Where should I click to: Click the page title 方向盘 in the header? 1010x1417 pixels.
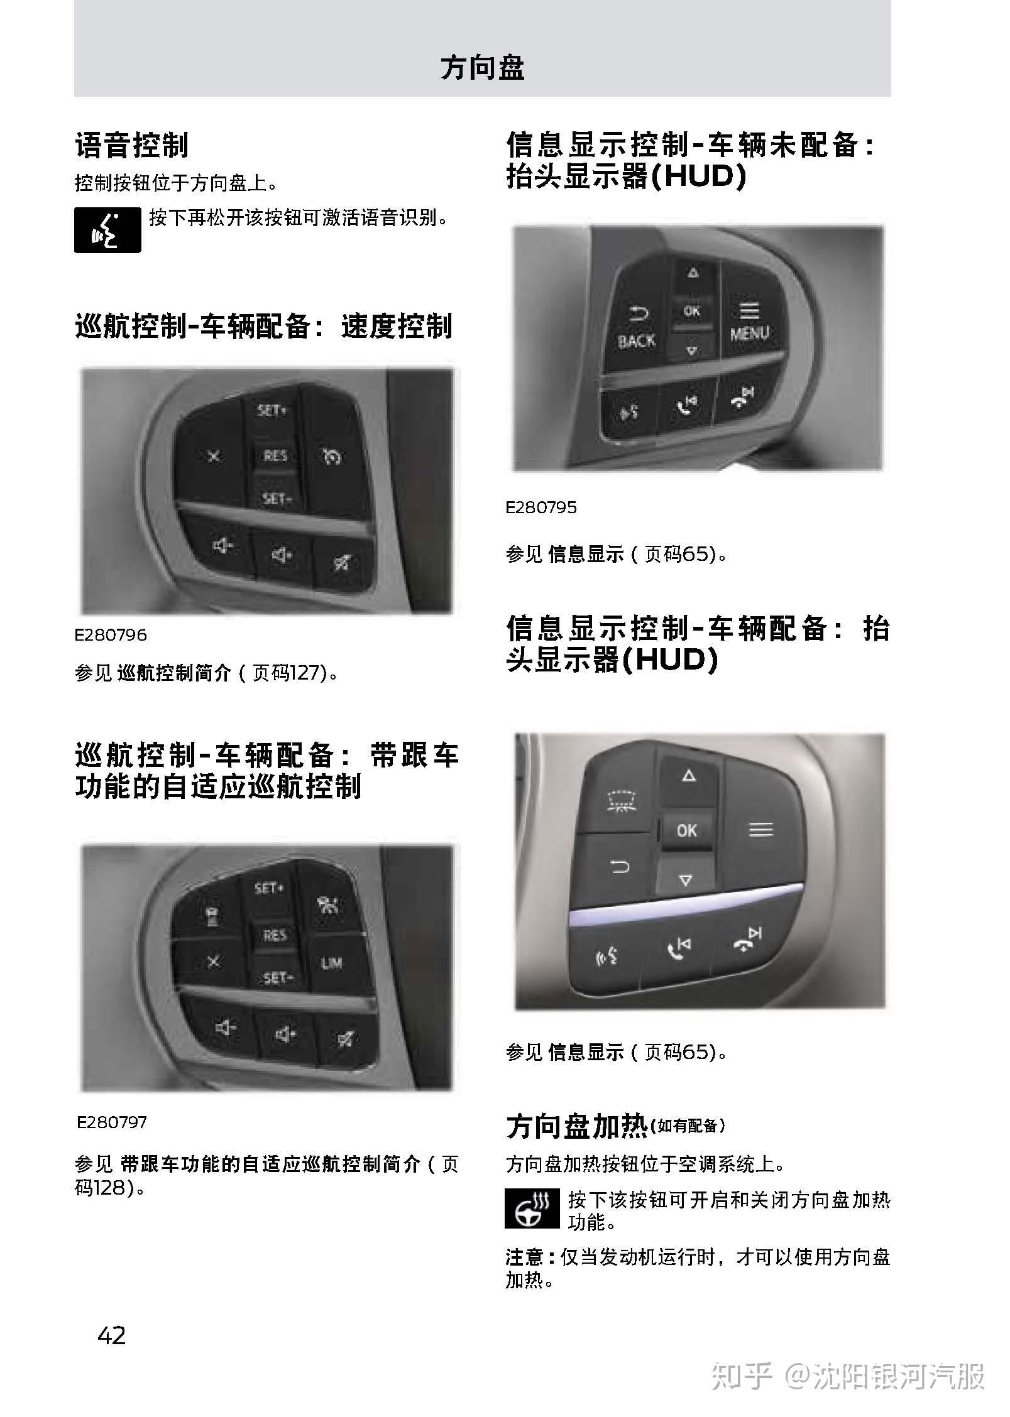pos(482,68)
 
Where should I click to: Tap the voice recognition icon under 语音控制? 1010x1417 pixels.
pos(107,230)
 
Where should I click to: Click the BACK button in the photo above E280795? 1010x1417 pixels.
pos(636,328)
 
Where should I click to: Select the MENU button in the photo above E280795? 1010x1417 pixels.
pos(749,321)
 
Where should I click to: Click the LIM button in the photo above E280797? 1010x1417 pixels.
pos(331,963)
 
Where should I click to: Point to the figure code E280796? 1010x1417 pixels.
pos(111,634)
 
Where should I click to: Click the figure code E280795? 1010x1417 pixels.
pos(541,508)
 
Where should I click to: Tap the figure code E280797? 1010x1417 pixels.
pos(112,1122)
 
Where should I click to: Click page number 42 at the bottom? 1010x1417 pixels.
pos(112,1335)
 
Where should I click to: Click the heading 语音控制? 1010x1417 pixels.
pos(131,145)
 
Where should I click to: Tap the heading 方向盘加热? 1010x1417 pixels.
pos(576,1126)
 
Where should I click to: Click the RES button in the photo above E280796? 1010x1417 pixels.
pos(275,455)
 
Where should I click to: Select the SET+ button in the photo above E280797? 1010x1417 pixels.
pos(269,889)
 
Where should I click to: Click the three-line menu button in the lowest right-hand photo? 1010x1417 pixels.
pos(760,830)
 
